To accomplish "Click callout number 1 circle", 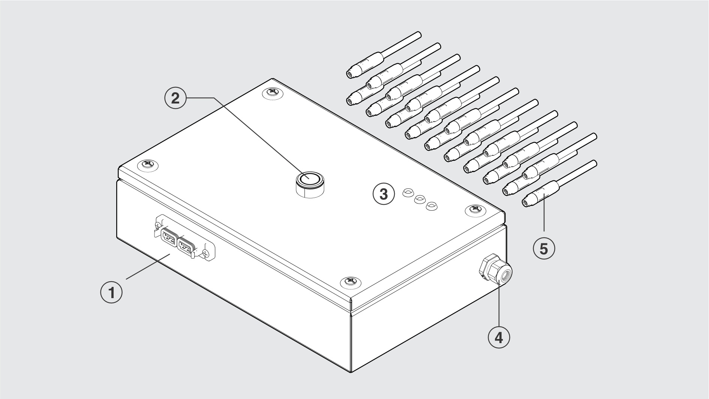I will [x=112, y=292].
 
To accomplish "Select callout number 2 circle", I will [x=175, y=98].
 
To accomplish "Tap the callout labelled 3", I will [x=384, y=194].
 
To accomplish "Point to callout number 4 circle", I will [x=499, y=337].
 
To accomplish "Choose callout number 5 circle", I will [x=544, y=248].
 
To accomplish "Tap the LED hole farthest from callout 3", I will [x=432, y=206].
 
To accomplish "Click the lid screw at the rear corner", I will [x=273, y=92].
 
